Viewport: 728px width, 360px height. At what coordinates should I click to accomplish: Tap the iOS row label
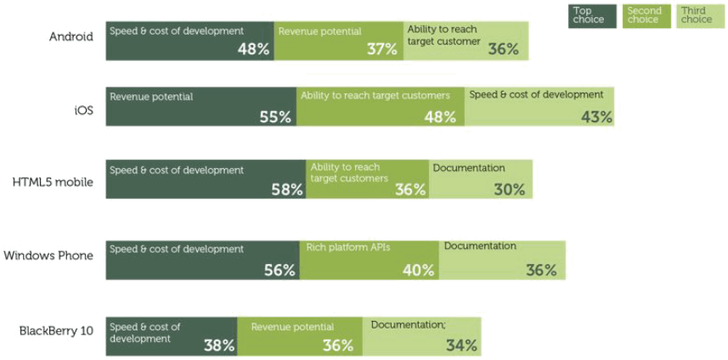83,110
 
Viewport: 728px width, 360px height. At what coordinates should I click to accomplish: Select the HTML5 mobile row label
53,182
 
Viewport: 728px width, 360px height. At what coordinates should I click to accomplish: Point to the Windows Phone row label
48,256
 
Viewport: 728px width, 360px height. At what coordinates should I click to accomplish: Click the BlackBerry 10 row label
56,330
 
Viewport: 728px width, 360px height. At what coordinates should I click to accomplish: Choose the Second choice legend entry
644,15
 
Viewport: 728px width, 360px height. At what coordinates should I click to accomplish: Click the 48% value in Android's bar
254,49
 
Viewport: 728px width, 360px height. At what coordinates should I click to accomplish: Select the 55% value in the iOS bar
276,117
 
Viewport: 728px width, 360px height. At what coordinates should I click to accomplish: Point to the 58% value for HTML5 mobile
287,190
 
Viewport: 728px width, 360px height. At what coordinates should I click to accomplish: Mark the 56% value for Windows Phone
279,271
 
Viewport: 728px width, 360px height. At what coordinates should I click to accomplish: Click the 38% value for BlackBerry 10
218,346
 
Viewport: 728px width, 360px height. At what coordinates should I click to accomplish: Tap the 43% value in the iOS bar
596,117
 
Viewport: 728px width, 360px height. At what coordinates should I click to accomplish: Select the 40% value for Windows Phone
418,271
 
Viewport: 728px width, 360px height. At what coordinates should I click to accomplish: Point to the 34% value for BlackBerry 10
461,346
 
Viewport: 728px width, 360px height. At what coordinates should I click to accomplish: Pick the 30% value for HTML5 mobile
510,190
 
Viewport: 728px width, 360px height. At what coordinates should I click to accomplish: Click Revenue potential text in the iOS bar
151,97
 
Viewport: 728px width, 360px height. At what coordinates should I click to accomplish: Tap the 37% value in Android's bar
382,49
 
